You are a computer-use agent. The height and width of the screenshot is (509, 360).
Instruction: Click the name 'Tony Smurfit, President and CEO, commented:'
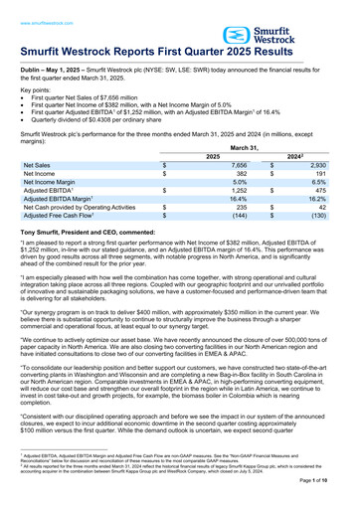(97, 232)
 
